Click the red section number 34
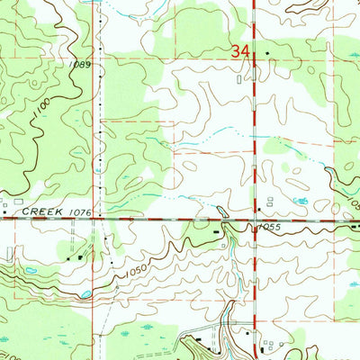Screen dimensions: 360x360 click(x=238, y=53)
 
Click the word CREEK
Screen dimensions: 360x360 click(x=39, y=210)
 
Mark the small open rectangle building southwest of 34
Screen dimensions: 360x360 click(x=238, y=79)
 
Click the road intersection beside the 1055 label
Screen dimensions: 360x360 click(x=255, y=219)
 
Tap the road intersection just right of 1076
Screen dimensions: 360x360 click(x=100, y=219)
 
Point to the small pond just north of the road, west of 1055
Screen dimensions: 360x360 click(x=222, y=211)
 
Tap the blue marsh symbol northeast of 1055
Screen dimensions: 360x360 click(x=303, y=200)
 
